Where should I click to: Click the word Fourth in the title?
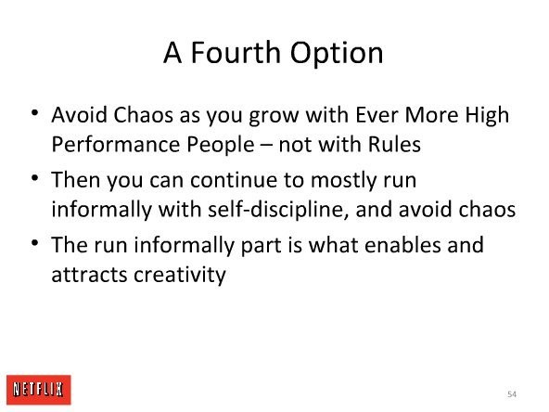pyautogui.click(x=236, y=53)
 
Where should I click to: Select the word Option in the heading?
pyautogui.click(x=337, y=54)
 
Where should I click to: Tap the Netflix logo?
pyautogui.click(x=39, y=390)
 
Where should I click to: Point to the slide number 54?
pyautogui.click(x=512, y=394)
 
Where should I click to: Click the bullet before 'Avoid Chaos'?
pyautogui.click(x=34, y=113)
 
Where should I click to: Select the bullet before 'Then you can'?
pyautogui.click(x=34, y=177)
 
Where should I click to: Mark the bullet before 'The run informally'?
pyautogui.click(x=34, y=242)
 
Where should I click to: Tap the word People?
pyautogui.click(x=220, y=145)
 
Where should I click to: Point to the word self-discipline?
pyautogui.click(x=277, y=210)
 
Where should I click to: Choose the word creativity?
pyautogui.click(x=180, y=275)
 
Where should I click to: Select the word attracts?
pyautogui.click(x=89, y=275)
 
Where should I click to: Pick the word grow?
pyautogui.click(x=274, y=117)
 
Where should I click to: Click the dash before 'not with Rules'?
pyautogui.click(x=266, y=145)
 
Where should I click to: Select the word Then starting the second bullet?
pyautogui.click(x=76, y=180)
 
